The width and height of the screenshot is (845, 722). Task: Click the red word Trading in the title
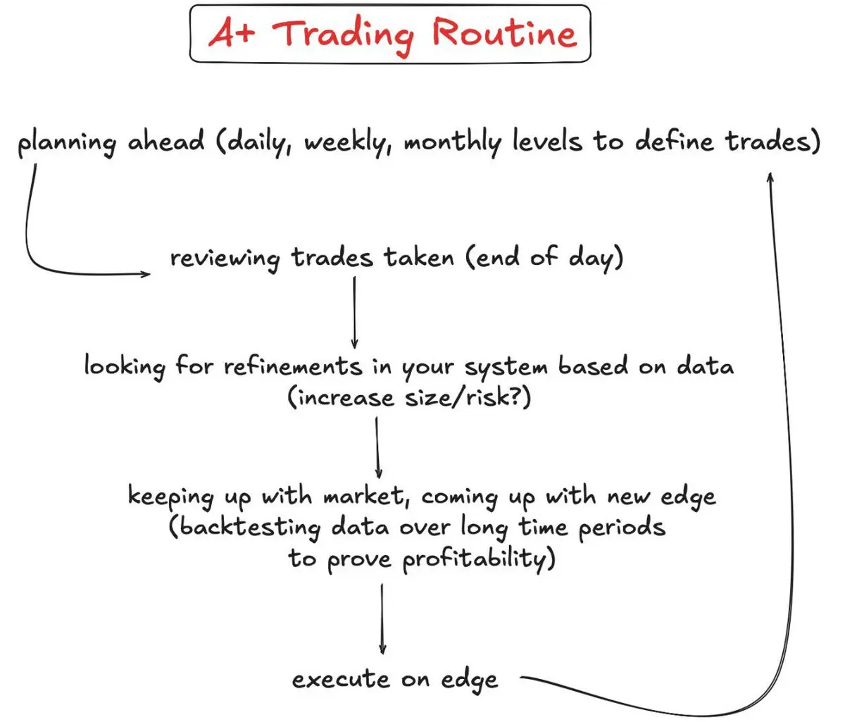(343, 35)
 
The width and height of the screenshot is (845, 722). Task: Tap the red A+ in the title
(232, 32)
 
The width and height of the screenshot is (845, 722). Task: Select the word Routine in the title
(504, 32)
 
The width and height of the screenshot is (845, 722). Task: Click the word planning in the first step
(67, 142)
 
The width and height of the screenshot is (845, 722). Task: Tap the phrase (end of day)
(544, 258)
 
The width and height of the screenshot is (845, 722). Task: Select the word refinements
(293, 365)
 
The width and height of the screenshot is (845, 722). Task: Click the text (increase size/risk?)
(409, 397)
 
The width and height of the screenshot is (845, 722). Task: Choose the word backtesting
(244, 527)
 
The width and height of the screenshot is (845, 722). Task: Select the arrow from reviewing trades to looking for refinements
(354, 313)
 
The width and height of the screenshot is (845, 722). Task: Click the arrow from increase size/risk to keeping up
(377, 448)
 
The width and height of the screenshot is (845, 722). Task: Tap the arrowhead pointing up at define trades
(770, 177)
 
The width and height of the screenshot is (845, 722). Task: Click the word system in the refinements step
(506, 367)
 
